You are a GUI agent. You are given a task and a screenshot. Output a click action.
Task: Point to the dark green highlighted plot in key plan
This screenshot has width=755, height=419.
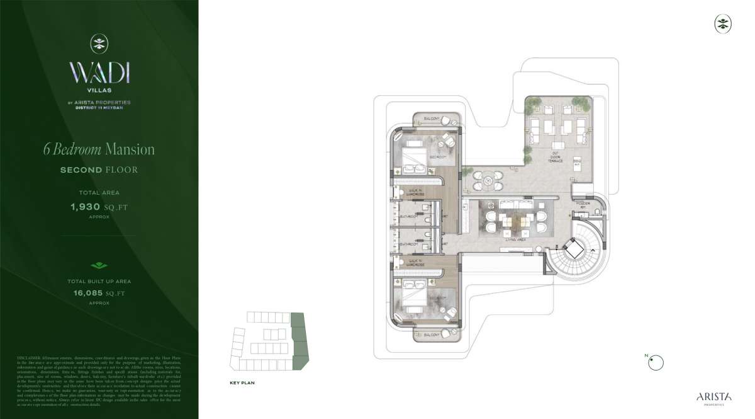click(299, 341)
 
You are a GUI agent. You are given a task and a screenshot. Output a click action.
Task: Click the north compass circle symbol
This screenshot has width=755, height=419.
click(656, 362)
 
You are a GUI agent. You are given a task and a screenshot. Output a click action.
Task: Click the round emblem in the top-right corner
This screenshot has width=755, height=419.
click(723, 24)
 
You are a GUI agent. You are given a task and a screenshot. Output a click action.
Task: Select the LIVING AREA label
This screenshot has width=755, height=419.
click(515, 240)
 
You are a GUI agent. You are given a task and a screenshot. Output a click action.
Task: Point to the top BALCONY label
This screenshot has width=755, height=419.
click(431, 118)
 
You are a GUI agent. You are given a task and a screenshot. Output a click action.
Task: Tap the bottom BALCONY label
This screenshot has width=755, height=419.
click(431, 335)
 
